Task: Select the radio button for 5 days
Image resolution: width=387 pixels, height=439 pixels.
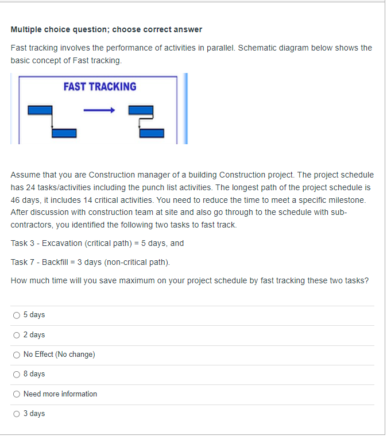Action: tap(16, 315)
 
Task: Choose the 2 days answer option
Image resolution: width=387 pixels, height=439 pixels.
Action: tap(16, 335)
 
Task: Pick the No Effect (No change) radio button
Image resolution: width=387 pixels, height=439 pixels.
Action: tap(16, 355)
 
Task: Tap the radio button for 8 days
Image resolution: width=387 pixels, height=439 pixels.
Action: tap(16, 374)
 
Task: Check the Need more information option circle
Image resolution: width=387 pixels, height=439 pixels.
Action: tap(16, 394)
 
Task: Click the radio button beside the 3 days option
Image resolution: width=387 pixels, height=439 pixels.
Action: tap(16, 414)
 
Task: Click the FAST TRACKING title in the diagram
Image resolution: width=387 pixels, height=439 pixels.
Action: tap(100, 87)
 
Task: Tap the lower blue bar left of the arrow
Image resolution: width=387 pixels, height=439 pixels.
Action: tap(64, 133)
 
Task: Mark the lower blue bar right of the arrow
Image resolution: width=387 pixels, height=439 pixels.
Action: tap(152, 133)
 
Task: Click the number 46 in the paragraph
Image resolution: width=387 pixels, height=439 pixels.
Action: tap(16, 200)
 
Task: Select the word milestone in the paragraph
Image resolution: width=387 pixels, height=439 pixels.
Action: tap(347, 200)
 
